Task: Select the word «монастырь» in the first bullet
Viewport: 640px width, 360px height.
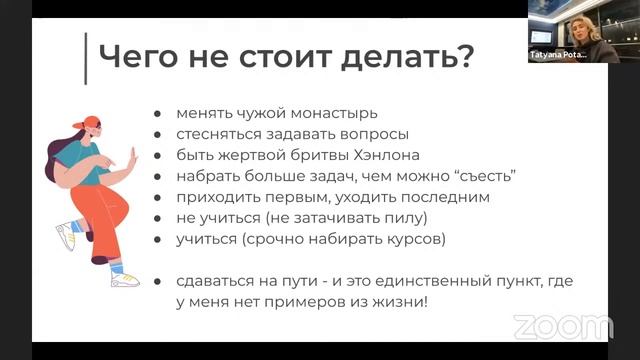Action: (333, 113)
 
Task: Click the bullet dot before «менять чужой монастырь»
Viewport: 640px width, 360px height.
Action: (159, 113)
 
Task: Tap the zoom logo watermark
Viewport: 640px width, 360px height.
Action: (562, 326)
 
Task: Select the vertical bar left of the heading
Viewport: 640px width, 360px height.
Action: (87, 57)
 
